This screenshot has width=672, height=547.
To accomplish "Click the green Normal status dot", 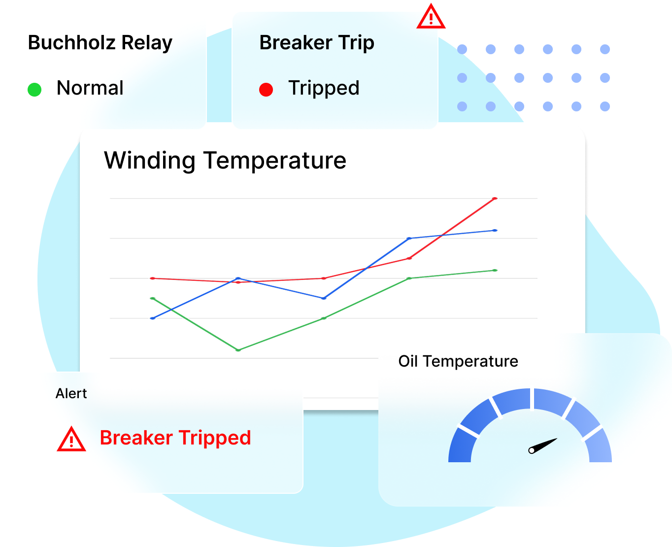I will pos(34,90).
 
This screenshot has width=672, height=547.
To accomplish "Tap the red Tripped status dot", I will pos(266,90).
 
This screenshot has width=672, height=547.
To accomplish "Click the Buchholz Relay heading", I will pos(100,43).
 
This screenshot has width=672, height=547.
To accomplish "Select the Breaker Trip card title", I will pos(317,43).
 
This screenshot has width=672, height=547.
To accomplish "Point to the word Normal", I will pos(90,88).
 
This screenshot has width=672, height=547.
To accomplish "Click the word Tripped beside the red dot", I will pos(324,88).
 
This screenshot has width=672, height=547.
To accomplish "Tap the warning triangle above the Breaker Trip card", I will pos(431,18).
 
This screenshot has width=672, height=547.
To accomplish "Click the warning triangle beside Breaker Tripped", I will pos(71,439).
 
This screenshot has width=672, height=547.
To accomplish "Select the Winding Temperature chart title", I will pos(225,161).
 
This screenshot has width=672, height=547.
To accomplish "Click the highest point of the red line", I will pos(495,199).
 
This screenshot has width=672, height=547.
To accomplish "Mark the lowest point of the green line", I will pos(238,350).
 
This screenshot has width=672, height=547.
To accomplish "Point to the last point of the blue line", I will pos(495,230).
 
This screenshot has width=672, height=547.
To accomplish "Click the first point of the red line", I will pos(153,278).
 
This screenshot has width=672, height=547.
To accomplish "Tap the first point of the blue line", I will pos(153,318).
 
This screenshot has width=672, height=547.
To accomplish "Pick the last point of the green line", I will pos(495,271).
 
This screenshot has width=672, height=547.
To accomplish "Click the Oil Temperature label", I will pos(458,361).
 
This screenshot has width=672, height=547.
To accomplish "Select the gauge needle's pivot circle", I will pos(532,450).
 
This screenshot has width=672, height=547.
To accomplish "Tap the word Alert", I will pos(71,394).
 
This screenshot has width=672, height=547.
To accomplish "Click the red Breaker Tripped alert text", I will pos(175,438).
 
